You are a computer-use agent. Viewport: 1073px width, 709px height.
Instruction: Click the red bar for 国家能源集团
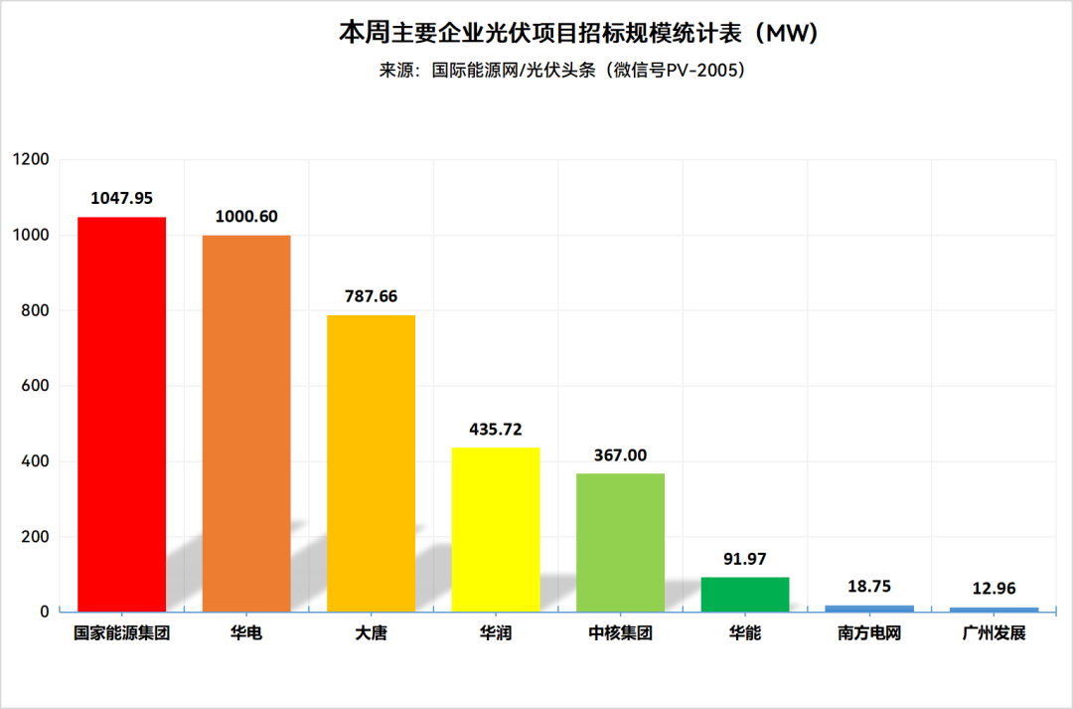pos(121,414)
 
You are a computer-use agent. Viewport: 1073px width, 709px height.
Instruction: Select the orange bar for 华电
pos(246,423)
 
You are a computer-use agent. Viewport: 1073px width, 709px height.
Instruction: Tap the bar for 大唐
pos(371,462)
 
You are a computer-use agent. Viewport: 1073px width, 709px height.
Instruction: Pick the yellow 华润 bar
pos(496,529)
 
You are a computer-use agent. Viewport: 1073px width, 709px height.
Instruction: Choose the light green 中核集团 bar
pos(620,542)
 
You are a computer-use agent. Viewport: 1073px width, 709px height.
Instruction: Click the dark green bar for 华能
pos(745,594)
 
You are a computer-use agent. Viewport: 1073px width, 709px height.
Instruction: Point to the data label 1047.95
pos(121,199)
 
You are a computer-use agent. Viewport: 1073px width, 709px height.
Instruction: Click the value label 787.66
pos(371,296)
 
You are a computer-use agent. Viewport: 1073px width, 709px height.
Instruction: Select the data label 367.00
pos(620,455)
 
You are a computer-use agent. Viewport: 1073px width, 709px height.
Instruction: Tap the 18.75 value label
pos(869,587)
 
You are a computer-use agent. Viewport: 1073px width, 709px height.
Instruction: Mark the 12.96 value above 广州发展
pos(994,589)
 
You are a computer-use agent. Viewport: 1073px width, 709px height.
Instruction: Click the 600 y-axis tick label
pos(35,386)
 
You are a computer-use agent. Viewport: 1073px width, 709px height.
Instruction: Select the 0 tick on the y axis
pos(45,612)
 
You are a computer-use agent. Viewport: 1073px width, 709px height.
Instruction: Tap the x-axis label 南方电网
pos(869,632)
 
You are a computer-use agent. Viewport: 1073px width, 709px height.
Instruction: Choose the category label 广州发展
pos(994,632)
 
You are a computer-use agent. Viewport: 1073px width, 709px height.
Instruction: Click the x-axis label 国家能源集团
pos(121,632)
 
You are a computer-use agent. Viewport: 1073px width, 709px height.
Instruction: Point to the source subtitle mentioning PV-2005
pos(561,71)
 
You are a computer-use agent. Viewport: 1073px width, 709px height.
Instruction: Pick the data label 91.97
pos(745,559)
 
